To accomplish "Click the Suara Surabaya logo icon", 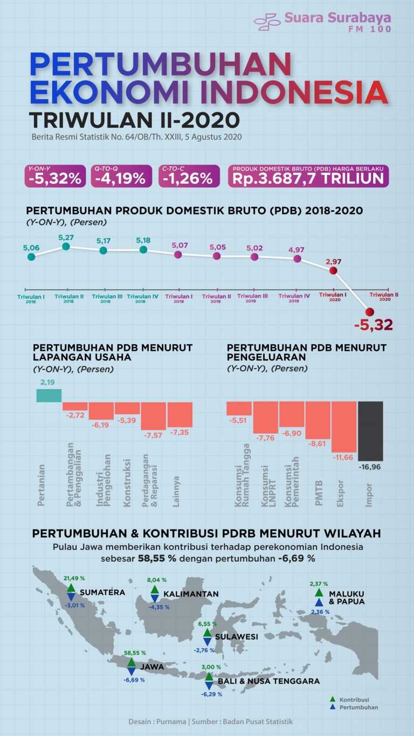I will coord(267,22).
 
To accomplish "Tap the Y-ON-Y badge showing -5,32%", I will coord(55,176).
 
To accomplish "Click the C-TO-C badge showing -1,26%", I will coord(189,176).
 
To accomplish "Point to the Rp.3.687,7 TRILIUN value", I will coord(308,179).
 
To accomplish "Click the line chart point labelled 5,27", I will coord(66,246).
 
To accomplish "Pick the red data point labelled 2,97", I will coord(333,271).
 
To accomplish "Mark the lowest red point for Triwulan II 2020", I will coord(369,311).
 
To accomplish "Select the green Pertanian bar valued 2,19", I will coord(49,395).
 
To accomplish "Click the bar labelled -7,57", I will coord(154,415).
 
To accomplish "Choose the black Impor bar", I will coord(370,431).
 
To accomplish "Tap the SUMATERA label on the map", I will coord(102,592).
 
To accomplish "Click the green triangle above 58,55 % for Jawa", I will coord(132,662).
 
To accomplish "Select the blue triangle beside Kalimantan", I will coord(154,598).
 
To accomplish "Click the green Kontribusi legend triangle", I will coord(333,699).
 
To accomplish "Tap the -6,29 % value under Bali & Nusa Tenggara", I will coord(211,694).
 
